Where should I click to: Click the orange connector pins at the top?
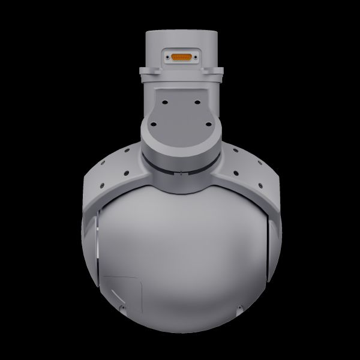[x=180, y=58]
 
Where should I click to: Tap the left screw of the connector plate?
[x=167, y=58]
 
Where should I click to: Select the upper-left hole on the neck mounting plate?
[x=164, y=95]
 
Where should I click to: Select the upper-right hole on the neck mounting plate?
[x=196, y=95]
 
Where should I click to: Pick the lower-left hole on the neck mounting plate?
[x=153, y=124]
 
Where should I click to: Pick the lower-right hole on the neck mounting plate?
[x=207, y=124]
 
